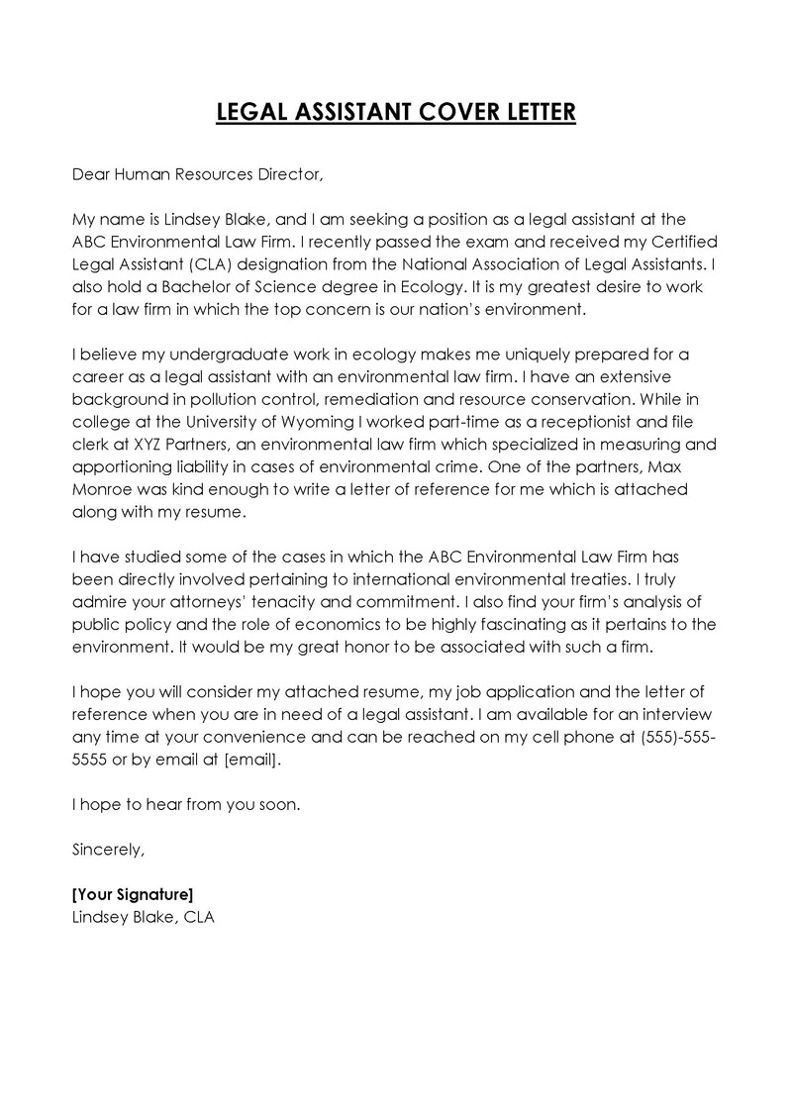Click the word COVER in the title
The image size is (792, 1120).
point(447,113)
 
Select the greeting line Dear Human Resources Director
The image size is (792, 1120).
point(198,175)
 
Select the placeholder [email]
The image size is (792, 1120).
point(253,759)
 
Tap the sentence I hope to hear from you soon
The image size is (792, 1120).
point(186,804)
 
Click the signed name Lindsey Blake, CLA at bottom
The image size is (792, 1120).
point(144,917)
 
